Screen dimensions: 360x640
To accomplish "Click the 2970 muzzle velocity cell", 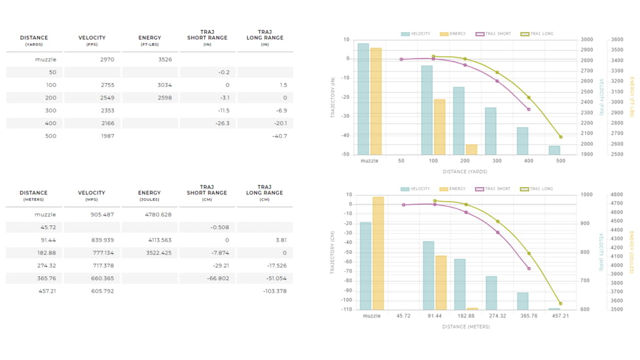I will pos(107,60).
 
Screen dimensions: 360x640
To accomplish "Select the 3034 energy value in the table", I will pos(164,85).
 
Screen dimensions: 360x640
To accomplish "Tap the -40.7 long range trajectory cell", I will pos(279,136).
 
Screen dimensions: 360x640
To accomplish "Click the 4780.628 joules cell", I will pos(158,215).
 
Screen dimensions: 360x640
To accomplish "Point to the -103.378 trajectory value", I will pos(275,291).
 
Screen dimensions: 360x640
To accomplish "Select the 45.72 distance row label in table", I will pos(47,227).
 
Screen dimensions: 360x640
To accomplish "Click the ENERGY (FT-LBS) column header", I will pos(150,41).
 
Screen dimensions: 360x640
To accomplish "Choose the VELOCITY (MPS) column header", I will pos(92,196).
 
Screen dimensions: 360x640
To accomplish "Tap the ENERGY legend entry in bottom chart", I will pos(453,189).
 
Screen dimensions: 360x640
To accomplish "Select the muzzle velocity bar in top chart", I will pos(363,98).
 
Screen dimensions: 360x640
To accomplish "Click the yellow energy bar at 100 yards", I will pos(439,126).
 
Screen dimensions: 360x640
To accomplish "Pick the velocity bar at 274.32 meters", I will pos(491,293).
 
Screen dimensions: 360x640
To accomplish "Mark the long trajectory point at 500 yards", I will pos(561,137).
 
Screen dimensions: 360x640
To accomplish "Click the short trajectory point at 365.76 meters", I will pos(529,268).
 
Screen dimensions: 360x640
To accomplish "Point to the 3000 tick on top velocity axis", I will pos(587,40).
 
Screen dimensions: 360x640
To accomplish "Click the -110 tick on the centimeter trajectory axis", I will pos(346,310).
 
